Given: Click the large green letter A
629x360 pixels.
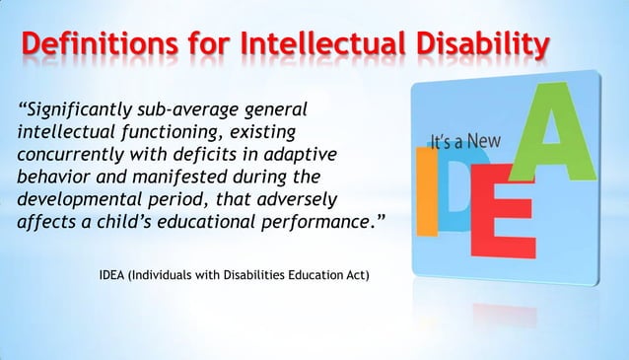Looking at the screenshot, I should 557,128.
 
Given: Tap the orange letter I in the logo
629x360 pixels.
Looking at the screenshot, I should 424,192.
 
